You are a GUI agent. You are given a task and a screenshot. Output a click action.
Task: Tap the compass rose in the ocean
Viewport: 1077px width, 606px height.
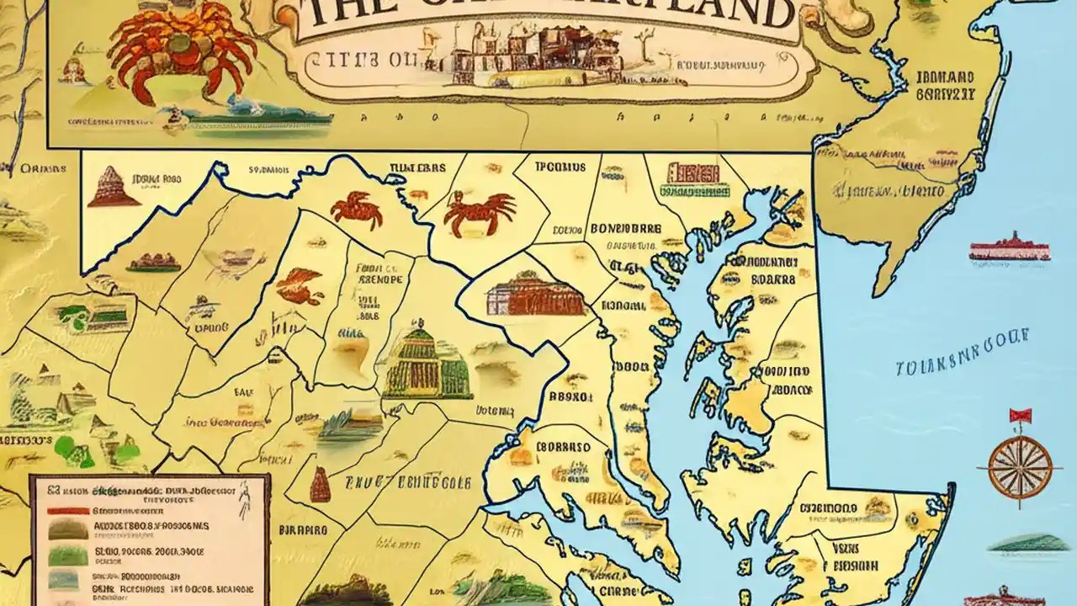[1020, 465]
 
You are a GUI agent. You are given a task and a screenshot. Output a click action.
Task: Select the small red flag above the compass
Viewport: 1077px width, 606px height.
[1020, 415]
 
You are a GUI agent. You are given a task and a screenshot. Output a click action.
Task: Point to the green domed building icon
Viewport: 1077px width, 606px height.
[427, 364]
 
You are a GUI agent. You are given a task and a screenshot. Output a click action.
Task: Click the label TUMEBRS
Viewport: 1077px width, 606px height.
[417, 167]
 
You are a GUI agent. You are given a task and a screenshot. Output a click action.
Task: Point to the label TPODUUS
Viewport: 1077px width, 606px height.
[560, 167]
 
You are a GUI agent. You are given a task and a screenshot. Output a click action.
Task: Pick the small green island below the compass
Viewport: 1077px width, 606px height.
[1029, 543]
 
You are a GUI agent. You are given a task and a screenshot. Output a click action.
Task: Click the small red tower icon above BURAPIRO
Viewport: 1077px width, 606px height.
[320, 484]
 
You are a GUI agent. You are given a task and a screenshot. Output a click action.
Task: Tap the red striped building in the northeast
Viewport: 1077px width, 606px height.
[692, 174]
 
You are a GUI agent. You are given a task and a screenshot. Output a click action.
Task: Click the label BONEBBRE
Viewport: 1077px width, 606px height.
[625, 228]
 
